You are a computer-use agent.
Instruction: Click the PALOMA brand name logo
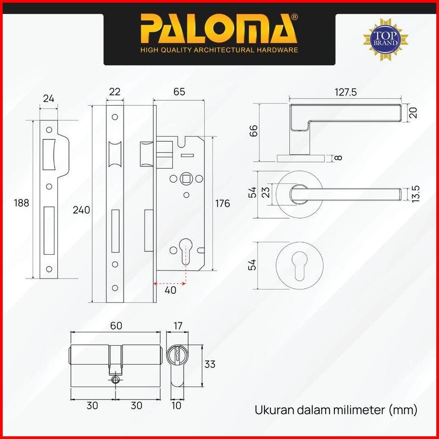(219, 30)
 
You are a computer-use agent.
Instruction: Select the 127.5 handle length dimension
(345, 92)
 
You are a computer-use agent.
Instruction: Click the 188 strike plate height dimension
(22, 203)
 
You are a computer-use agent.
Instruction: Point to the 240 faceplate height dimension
(81, 210)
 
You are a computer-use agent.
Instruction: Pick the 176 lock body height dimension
(223, 203)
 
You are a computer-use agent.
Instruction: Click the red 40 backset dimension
(171, 290)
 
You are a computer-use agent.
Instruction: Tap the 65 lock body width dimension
(179, 92)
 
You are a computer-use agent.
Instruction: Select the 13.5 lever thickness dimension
(416, 193)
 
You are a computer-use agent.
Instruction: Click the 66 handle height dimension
(254, 130)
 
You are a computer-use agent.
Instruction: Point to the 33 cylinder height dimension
(210, 364)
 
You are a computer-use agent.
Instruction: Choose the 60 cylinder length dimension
(116, 326)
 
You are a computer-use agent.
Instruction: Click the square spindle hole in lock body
(186, 178)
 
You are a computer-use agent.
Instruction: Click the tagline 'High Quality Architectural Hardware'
(219, 50)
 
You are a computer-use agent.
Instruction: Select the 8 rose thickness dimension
(338, 158)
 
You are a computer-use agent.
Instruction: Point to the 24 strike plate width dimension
(48, 98)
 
